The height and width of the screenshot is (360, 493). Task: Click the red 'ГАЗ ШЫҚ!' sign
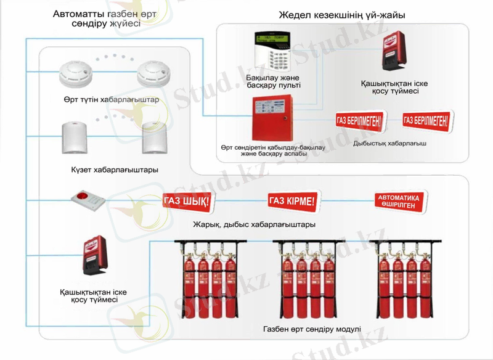tap(187, 201)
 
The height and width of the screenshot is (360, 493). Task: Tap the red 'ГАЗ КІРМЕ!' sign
tap(292, 200)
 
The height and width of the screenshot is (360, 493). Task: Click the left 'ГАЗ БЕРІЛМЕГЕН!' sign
tap(358, 120)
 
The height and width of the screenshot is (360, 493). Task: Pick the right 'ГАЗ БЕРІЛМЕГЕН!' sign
tap(425, 119)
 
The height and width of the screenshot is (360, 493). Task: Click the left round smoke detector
tap(75, 74)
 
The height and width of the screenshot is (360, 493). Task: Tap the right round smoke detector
tap(151, 74)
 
